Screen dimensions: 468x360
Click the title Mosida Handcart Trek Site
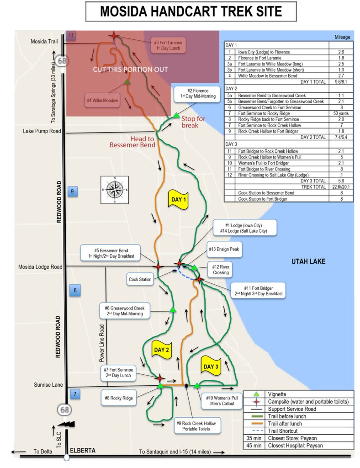click(x=191, y=11)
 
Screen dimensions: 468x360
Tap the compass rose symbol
click(x=115, y=189)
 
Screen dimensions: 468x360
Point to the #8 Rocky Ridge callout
click(x=118, y=398)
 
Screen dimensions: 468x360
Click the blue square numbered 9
click(x=72, y=191)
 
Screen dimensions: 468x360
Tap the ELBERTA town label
click(x=83, y=451)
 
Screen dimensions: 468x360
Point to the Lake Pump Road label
click(x=42, y=132)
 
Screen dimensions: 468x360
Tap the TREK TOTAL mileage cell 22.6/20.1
click(x=341, y=186)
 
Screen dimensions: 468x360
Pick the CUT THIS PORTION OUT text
click(x=130, y=69)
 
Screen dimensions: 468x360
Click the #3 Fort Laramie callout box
click(x=169, y=45)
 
